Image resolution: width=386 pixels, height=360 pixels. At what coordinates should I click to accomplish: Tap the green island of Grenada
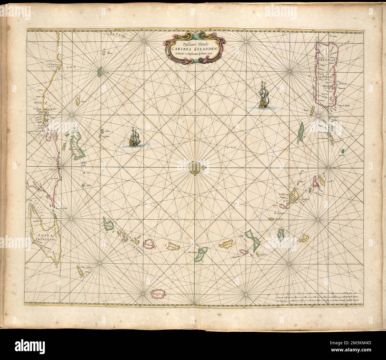pyautogui.click(x=108, y=224)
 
